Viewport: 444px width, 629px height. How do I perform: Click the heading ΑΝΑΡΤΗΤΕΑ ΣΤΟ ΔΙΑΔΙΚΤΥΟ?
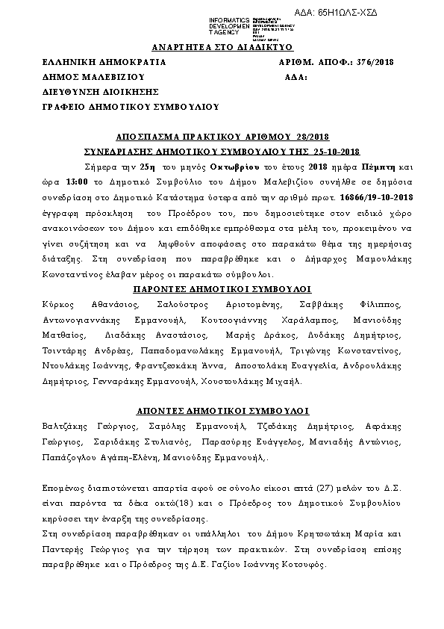(222, 46)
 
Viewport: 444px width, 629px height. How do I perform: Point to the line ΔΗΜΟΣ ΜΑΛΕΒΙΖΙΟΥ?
(93, 76)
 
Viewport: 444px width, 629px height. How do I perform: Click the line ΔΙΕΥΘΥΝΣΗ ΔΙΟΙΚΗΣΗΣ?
(101, 91)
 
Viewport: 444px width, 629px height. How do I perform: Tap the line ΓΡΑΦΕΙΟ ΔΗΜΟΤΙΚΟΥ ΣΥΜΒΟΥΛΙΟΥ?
(131, 107)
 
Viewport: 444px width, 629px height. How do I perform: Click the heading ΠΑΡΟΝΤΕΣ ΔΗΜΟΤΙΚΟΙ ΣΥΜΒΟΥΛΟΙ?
(222, 288)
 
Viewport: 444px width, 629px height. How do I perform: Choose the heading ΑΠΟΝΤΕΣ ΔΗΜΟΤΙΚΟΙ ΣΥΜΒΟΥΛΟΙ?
(222, 411)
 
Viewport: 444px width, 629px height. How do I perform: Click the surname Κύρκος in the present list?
(58, 304)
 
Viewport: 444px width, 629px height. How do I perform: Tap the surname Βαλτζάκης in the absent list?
(66, 425)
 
